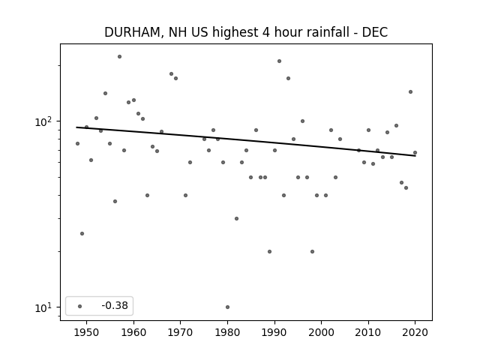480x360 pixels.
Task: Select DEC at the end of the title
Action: (x=375, y=32)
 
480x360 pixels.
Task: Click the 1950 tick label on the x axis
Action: (x=87, y=332)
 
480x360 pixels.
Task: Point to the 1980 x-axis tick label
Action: (x=227, y=332)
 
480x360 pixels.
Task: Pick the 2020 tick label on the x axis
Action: (x=415, y=332)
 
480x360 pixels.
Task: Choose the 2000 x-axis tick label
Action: (x=322, y=332)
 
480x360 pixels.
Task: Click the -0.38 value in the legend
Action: (x=115, y=305)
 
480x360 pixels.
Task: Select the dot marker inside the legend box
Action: (x=80, y=306)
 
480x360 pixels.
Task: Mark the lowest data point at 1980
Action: (x=227, y=307)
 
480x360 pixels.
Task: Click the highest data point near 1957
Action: (x=120, y=57)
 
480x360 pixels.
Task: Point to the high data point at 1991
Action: (x=279, y=61)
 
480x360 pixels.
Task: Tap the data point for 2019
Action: (x=410, y=91)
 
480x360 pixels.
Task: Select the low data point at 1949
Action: (x=82, y=233)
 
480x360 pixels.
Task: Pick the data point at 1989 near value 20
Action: (x=270, y=252)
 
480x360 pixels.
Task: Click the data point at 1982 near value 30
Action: (x=237, y=218)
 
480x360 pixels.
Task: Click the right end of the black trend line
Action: (x=415, y=156)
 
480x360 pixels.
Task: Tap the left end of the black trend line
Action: (x=76, y=127)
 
